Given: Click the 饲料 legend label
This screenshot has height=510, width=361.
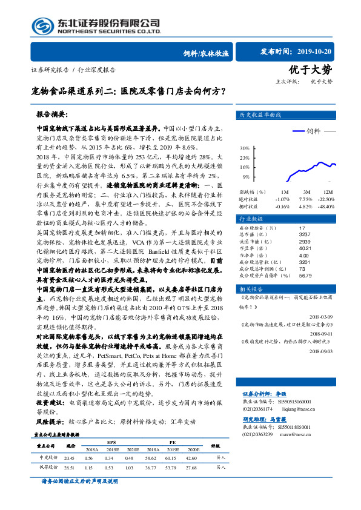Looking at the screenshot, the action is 313,131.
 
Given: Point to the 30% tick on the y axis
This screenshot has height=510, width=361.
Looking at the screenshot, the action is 245,148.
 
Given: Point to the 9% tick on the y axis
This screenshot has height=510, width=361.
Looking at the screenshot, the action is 247,177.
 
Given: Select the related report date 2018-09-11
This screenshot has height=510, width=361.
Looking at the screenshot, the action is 322,333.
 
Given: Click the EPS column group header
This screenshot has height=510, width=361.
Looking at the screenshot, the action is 112,441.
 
